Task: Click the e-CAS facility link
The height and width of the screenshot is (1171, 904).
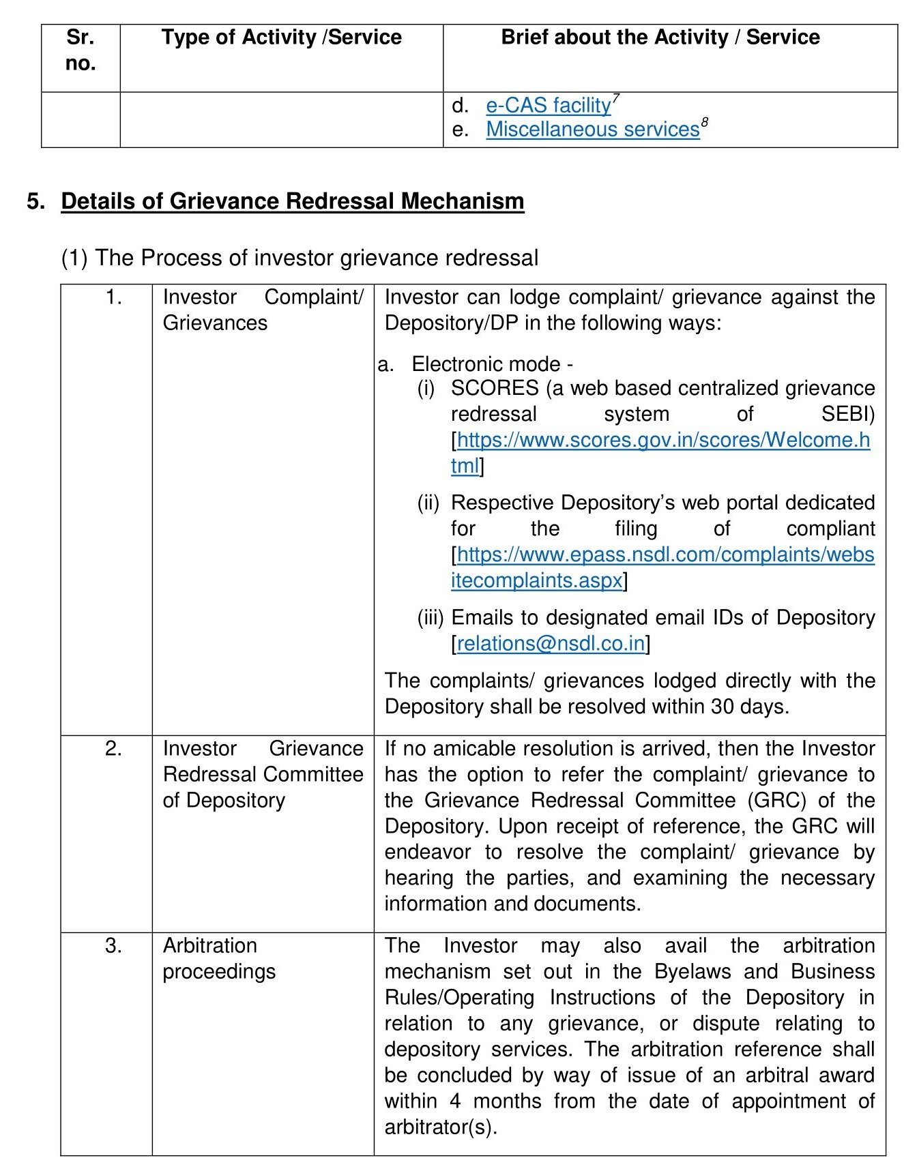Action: (548, 106)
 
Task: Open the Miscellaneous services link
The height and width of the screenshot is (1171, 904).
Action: (592, 130)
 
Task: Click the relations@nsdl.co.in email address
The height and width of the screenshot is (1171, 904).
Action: (551, 644)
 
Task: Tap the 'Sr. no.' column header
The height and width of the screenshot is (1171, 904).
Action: (81, 50)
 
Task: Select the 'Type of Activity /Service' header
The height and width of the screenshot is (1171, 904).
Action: (281, 38)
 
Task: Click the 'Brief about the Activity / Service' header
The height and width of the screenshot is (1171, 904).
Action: (660, 38)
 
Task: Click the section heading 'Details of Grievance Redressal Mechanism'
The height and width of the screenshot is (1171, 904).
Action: (292, 202)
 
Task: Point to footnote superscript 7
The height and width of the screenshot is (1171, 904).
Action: (615, 98)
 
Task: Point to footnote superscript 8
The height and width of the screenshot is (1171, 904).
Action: (705, 122)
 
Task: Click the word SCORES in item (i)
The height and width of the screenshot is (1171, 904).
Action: (495, 388)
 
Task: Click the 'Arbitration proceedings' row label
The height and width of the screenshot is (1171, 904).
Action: (218, 958)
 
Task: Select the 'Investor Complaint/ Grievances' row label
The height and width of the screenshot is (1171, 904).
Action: (263, 310)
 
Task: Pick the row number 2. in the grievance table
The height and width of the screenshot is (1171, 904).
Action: (113, 749)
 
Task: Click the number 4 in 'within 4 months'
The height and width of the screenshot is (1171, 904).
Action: (455, 1101)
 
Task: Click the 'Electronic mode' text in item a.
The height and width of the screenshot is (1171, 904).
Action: (486, 364)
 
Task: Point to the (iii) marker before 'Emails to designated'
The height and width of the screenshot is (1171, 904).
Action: (431, 618)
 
